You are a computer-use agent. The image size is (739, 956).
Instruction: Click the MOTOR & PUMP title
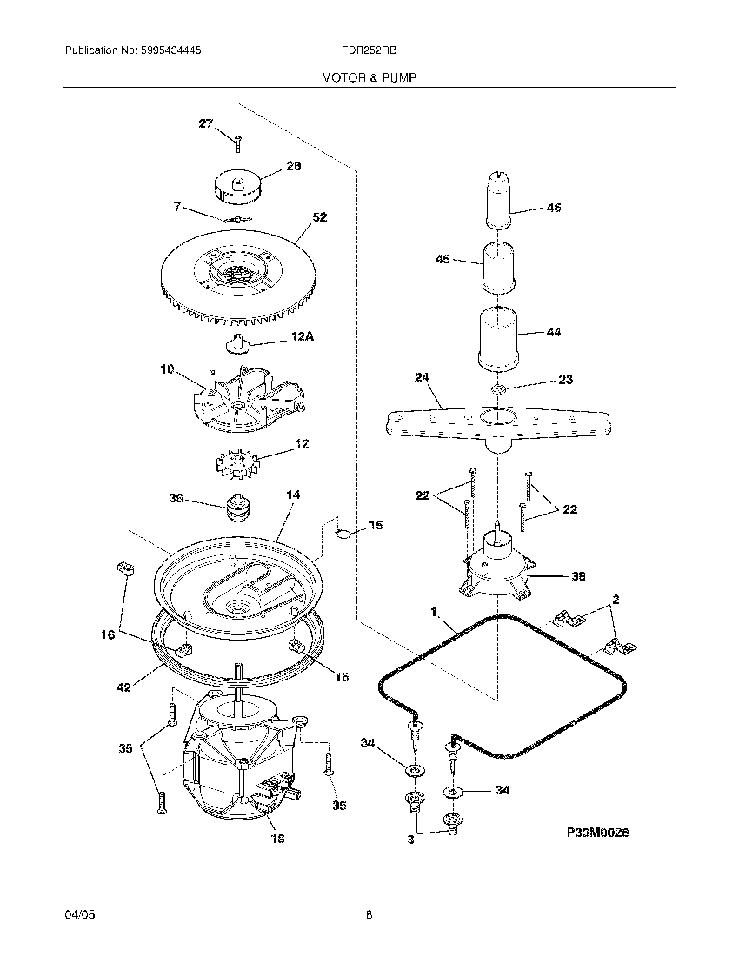[369, 77]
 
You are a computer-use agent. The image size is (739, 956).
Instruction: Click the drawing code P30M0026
[597, 832]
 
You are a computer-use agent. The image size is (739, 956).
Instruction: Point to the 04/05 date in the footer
[77, 915]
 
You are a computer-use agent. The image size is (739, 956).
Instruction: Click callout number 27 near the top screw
[205, 123]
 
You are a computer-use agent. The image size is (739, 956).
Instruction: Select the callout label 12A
[301, 335]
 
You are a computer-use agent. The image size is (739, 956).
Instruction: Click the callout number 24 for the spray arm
[423, 377]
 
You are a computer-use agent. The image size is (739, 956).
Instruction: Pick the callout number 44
[553, 332]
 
